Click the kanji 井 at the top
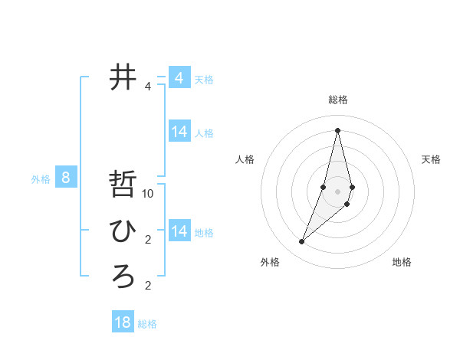pos(123,77)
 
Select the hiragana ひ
pos(123,230)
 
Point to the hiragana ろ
pos(123,276)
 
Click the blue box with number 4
pos(179,78)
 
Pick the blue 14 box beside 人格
pos(179,132)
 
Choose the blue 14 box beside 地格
pos(179,231)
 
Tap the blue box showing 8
pos(66,178)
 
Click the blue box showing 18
pos(123,322)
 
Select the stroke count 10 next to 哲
pos(148,194)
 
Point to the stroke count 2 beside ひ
pos(148,240)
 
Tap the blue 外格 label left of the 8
pos(41,180)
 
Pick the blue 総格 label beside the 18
pos(147,324)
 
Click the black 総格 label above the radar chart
pos(338,100)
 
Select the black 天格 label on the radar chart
pos(431,159)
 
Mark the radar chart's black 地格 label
pos(402,262)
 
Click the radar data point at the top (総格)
pos(337,130)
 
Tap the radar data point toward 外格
pos(301,242)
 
